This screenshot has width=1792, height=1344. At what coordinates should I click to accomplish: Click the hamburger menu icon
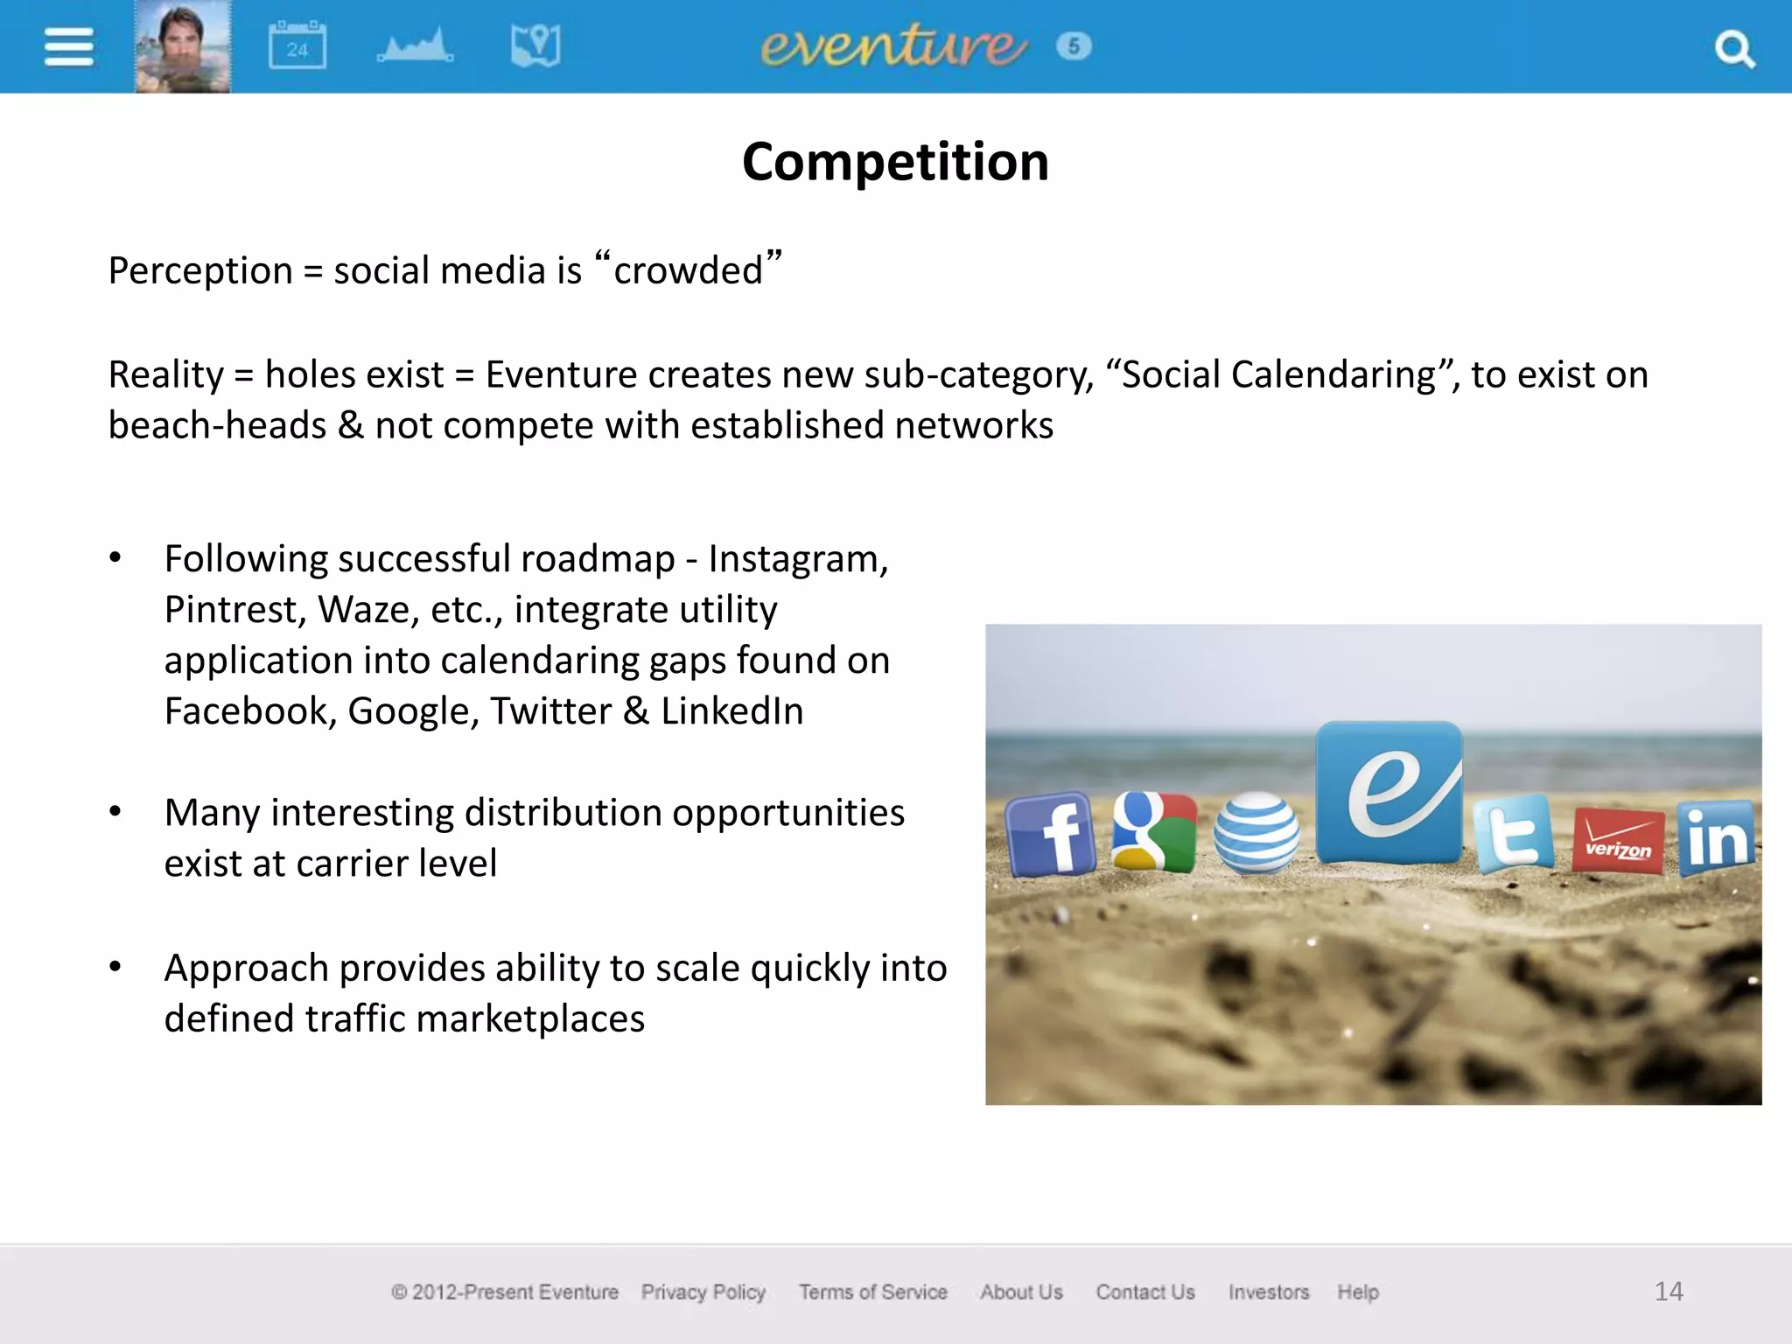point(68,46)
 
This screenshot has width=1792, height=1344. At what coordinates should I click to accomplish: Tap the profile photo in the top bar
point(182,46)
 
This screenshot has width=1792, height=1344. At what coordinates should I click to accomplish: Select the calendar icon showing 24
point(297,45)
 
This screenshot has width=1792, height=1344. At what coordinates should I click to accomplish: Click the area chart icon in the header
point(416,45)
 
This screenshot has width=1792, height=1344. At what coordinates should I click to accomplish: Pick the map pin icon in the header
point(535,45)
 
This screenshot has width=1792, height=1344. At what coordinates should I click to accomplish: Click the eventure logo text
point(893,45)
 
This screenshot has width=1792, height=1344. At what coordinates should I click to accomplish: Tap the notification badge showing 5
point(1074,45)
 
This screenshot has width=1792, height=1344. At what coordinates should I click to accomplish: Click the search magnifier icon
point(1733,49)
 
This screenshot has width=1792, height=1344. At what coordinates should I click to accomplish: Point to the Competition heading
point(895,162)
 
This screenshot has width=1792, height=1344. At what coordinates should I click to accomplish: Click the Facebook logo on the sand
point(1050,834)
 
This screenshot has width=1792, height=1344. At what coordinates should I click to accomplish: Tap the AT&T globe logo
point(1256,832)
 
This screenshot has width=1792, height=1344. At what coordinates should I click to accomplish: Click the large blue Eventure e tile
point(1389,792)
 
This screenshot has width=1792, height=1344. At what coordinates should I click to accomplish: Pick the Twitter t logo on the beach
point(1514,834)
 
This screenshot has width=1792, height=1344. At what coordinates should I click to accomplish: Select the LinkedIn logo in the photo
point(1717,837)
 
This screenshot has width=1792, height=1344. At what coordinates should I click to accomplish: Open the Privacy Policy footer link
point(703,1291)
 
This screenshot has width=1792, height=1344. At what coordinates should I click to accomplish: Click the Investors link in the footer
point(1269,1291)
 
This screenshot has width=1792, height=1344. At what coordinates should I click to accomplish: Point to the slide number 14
point(1669,1291)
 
